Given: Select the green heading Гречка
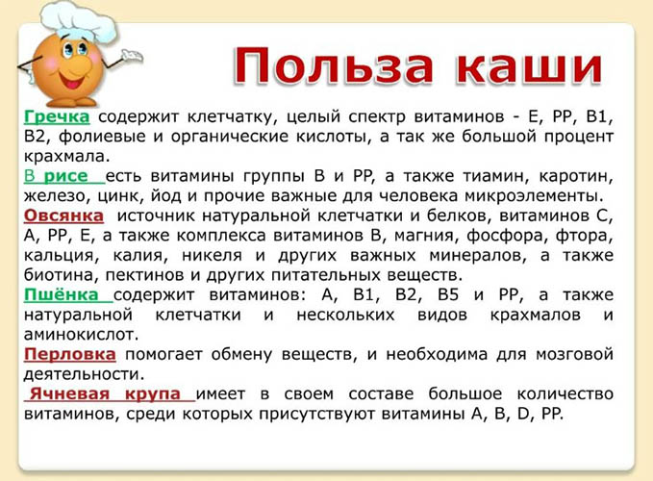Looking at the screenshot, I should pos(57,116).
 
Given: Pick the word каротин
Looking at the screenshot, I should pos(576,177).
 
